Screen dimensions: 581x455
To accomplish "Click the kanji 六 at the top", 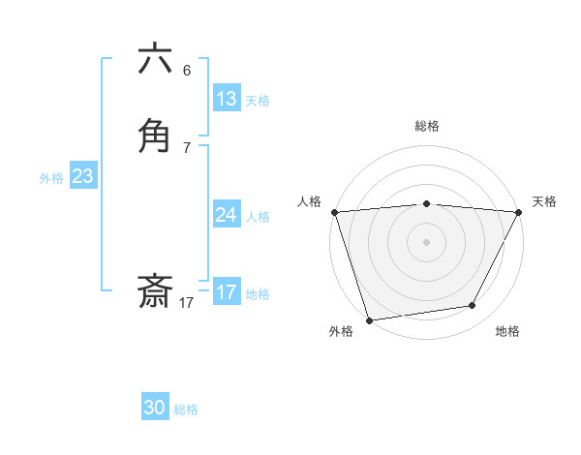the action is pos(156,60).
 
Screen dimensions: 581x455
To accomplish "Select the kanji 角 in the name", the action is pos(156,136).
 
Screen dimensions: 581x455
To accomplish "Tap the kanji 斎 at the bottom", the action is pos(156,292).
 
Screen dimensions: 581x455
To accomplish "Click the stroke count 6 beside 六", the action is pos(187,71).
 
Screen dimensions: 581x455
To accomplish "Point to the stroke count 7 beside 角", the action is pos(187,147).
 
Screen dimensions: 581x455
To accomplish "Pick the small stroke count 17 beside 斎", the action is pos(187,303).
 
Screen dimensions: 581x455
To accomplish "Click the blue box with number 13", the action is pos(227,99).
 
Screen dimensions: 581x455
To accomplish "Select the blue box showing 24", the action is pos(227,215).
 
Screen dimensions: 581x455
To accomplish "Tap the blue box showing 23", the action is pos(82,176).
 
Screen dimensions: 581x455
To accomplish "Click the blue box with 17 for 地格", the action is pos(227,292).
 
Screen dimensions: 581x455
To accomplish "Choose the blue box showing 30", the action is pos(155,408).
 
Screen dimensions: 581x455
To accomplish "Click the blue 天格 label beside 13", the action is pos(258,101).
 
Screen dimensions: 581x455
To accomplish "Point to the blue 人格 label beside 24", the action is pos(258,217).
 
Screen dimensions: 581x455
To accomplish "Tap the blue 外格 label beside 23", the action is pos(51,178).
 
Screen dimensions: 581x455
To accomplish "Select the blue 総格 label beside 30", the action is pos(186,409).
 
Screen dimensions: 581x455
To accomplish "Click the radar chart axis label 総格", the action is pos(427,126).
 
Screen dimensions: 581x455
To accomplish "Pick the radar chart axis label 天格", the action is pos(544,201).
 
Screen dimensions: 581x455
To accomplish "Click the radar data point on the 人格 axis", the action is pos(334,212).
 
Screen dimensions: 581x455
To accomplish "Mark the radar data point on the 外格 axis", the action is pos(369,319).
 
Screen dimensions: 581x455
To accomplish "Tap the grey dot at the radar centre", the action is pos(427,241).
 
